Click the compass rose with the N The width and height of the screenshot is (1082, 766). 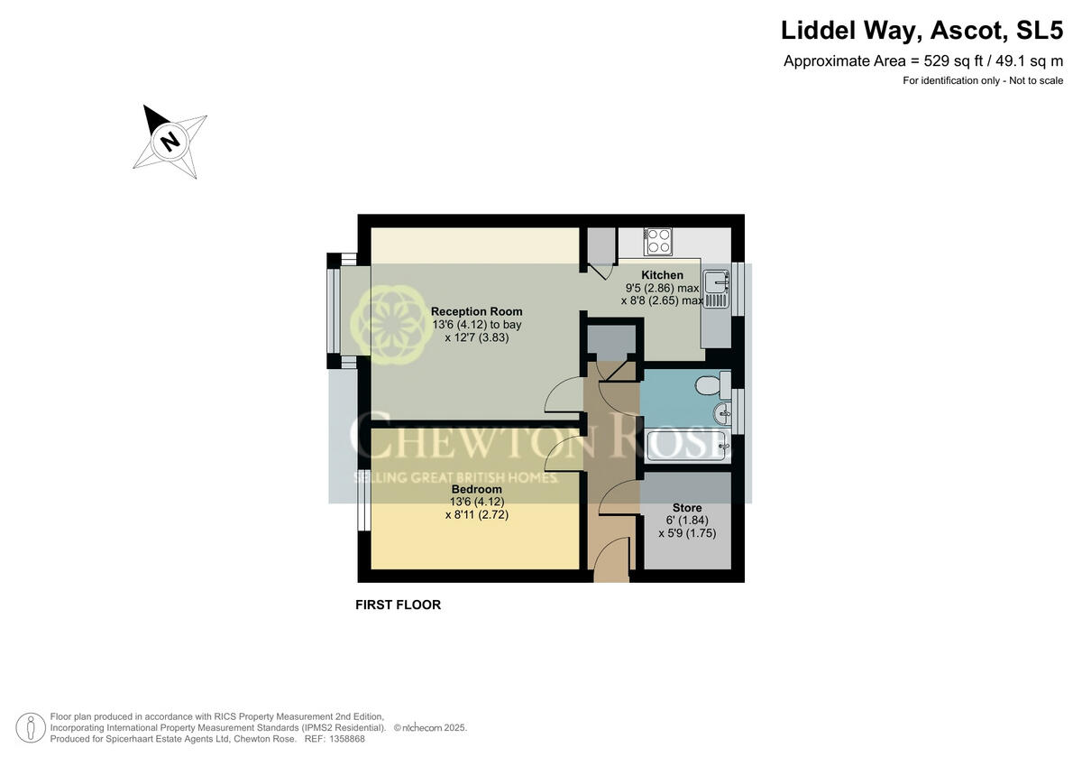point(170,141)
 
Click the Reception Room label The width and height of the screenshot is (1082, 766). point(476,311)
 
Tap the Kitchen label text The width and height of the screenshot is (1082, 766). point(662,275)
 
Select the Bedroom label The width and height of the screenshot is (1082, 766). point(476,489)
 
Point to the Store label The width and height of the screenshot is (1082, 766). point(686,508)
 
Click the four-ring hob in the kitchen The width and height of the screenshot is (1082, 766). point(658,242)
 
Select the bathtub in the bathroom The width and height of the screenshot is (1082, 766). point(686,444)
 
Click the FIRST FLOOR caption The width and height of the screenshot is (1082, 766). point(398,604)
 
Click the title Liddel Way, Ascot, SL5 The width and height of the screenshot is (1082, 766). point(922,30)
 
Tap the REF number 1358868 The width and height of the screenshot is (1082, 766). point(347,738)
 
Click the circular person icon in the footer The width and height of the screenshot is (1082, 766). point(31,726)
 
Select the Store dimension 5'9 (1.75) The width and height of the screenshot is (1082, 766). point(687,533)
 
